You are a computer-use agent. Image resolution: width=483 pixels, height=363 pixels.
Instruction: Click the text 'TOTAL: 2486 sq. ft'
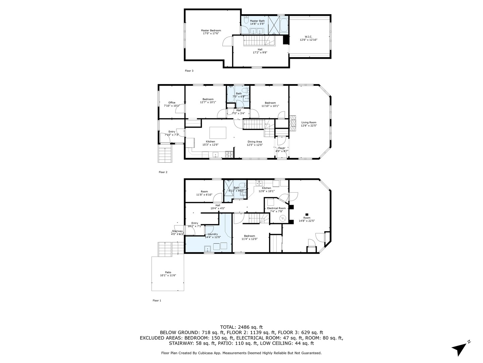[241, 327]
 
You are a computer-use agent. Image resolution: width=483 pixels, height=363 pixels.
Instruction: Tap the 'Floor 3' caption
[189, 71]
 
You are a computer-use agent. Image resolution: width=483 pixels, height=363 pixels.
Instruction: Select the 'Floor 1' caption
[157, 300]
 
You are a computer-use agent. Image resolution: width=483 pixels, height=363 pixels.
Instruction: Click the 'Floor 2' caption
[163, 172]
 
